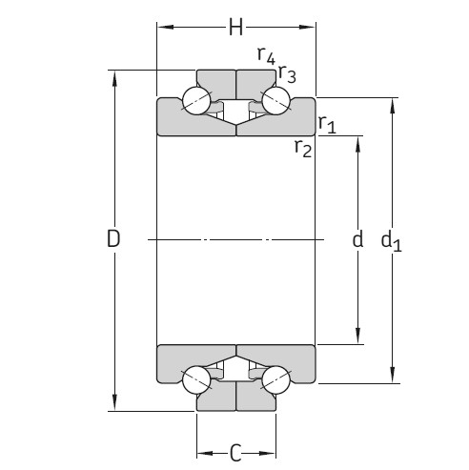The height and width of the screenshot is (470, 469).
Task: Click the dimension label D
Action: [x=113, y=240]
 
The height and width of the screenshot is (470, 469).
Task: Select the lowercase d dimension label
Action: [x=357, y=240]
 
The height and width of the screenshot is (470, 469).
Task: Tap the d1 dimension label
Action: [x=391, y=241]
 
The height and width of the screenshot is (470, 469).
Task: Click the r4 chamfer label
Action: [x=266, y=56]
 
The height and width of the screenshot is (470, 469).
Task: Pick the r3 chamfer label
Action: [x=287, y=75]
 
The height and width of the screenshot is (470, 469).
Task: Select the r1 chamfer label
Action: [x=327, y=123]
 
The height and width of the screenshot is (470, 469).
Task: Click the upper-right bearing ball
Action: [x=276, y=101]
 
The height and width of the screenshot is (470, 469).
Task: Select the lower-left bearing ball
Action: [x=196, y=379]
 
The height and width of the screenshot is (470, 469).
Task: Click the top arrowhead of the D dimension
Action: [x=114, y=76]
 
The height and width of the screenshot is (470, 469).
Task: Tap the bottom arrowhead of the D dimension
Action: [x=114, y=405]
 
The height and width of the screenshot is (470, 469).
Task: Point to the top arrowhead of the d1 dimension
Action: [x=392, y=104]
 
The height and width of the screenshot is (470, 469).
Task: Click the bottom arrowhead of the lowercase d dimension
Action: [x=358, y=337]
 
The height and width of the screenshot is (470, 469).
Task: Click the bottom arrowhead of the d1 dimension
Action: [x=392, y=378]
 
